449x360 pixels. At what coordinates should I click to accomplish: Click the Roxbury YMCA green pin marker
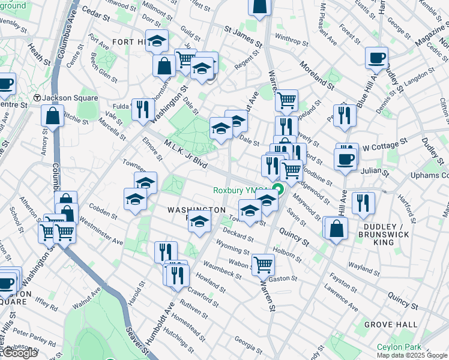pyautogui.click(x=278, y=191)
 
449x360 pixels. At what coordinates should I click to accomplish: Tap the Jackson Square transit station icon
pyautogui.click(x=37, y=97)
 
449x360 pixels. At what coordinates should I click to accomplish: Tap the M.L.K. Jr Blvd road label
pyautogui.click(x=185, y=154)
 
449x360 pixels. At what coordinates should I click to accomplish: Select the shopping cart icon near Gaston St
pyautogui.click(x=263, y=263)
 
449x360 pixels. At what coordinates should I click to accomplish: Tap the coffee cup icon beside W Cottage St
pyautogui.click(x=346, y=158)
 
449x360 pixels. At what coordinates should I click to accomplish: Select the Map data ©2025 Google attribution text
pyautogui.click(x=411, y=355)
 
